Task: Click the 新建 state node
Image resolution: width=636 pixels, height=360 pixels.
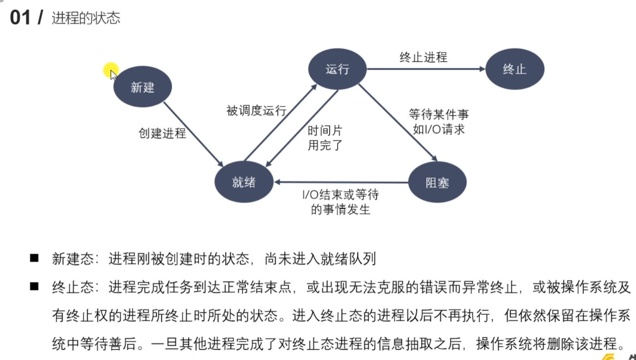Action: coord(143,87)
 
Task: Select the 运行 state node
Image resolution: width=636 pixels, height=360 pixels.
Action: coord(338,69)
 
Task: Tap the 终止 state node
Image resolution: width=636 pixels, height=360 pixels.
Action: coord(515,69)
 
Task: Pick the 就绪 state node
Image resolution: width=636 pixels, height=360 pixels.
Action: coord(243,182)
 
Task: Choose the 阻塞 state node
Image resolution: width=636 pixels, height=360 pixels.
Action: coord(437,183)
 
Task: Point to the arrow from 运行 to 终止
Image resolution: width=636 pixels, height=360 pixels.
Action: coord(425,69)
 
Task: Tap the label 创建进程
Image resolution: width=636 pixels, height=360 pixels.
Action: coord(162,134)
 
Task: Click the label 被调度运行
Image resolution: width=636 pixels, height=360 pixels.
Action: coord(256,111)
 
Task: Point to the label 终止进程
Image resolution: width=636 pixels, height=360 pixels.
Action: coord(424,57)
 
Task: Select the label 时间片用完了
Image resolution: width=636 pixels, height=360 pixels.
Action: coord(325,138)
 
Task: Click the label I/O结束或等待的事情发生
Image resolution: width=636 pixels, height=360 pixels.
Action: coord(340,202)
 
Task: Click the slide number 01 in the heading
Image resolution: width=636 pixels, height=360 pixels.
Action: coord(20,18)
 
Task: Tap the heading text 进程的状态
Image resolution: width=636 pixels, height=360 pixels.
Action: coord(86,18)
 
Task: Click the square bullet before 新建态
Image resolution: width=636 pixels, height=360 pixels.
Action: coord(34,258)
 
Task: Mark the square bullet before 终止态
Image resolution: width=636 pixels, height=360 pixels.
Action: coord(34,287)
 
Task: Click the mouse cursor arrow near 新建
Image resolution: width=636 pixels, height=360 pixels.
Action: coord(113,74)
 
